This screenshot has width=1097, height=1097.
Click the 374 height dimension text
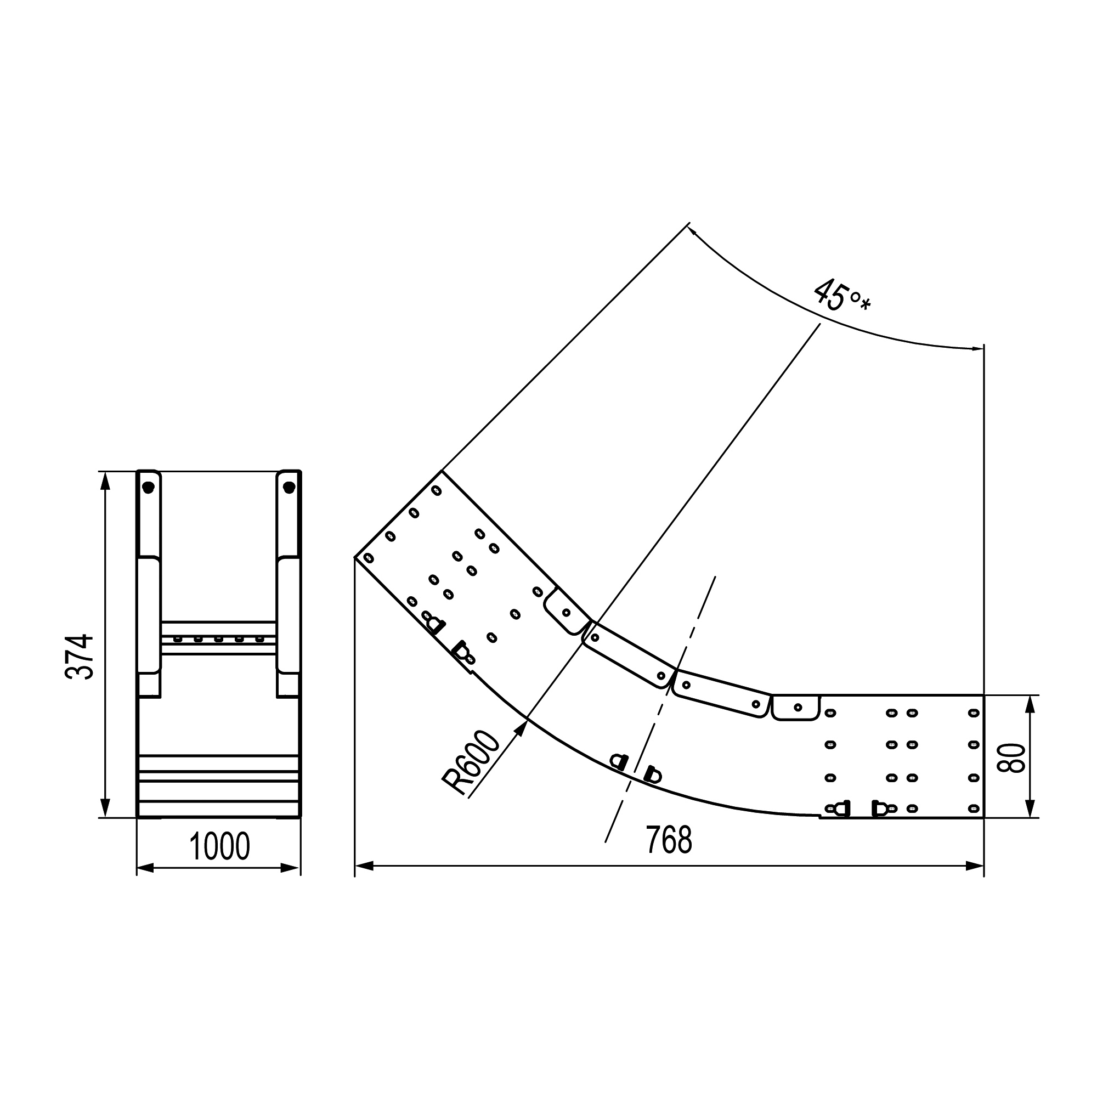tap(79, 657)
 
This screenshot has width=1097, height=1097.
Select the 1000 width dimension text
tap(219, 846)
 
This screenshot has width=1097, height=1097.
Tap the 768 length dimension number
tap(669, 841)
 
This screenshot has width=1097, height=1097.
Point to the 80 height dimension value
tap(1011, 757)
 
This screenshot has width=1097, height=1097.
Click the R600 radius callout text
tap(471, 762)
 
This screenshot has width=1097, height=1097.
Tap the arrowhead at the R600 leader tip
tap(520, 728)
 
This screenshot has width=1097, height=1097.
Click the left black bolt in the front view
tap(148, 487)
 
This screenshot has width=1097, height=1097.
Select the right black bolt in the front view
tap(289, 487)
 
